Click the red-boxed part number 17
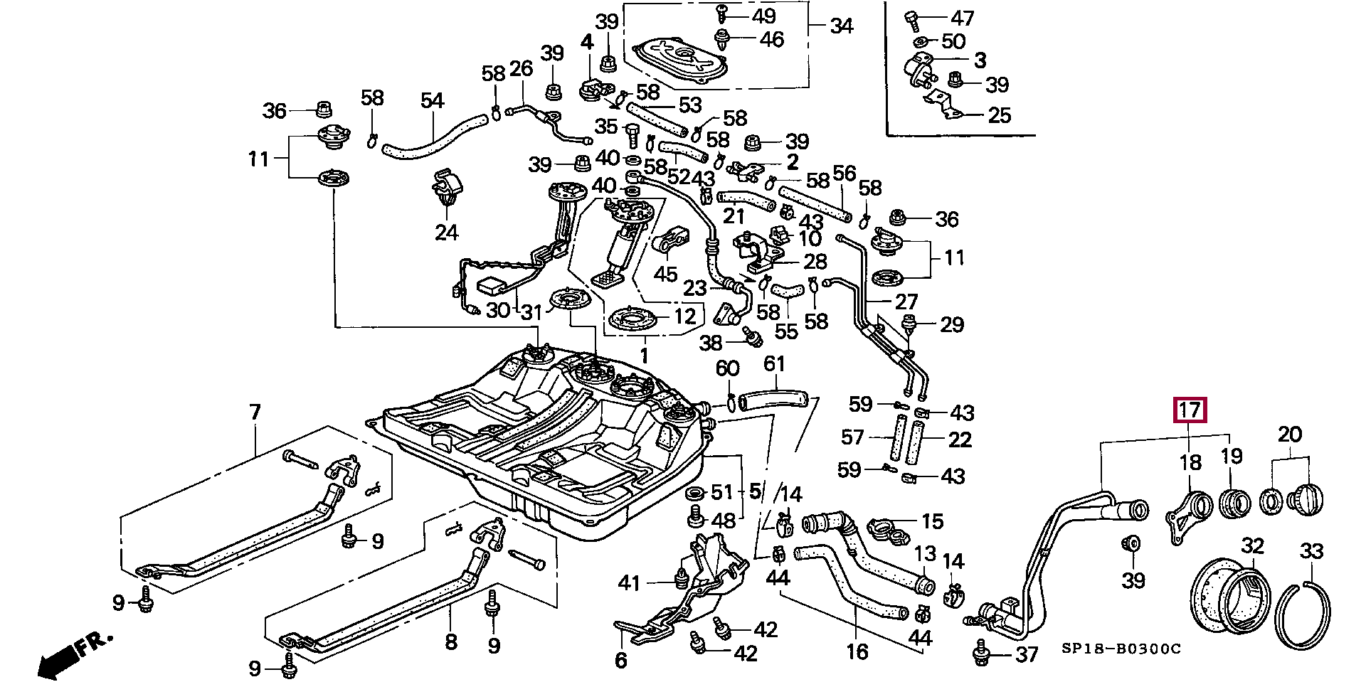1190,410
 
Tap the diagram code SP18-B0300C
1121,649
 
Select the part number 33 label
1311,551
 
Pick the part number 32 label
1253,546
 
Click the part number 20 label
1290,435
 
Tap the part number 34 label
842,26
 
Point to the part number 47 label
963,18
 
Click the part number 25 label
1000,115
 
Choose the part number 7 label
255,412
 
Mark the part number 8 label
451,642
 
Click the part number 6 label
621,661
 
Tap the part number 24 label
447,233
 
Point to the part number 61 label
774,364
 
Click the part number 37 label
1027,654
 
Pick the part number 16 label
857,651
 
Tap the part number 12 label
684,316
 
